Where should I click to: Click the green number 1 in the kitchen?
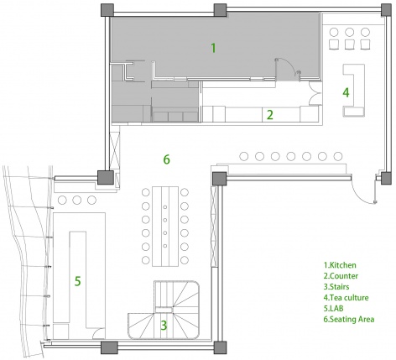tap(213, 48)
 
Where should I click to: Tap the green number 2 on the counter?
tap(269, 115)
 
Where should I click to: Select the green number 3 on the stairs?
tap(164, 326)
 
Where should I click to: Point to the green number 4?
tap(346, 92)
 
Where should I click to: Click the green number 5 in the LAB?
tap(78, 281)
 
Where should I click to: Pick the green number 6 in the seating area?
tap(166, 159)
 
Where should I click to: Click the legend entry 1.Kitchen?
tap(340, 265)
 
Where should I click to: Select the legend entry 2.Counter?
tap(341, 276)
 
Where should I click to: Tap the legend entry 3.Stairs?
tap(336, 287)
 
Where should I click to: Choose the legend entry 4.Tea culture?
tap(346, 297)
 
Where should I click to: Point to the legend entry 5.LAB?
tap(333, 308)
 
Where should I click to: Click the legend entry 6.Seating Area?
tap(349, 319)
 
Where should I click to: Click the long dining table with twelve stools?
tap(165, 227)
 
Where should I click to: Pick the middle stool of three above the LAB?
tap(77, 201)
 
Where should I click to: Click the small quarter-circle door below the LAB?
tap(99, 333)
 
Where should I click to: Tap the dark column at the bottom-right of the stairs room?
tap(220, 347)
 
